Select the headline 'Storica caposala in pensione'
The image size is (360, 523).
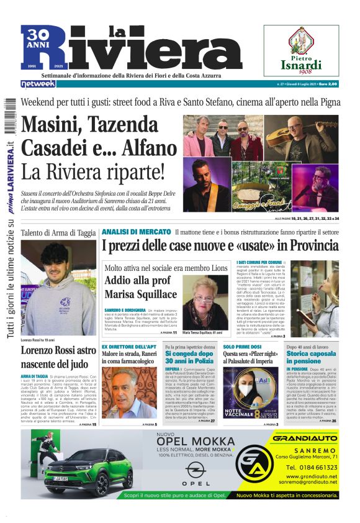click(312, 357)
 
